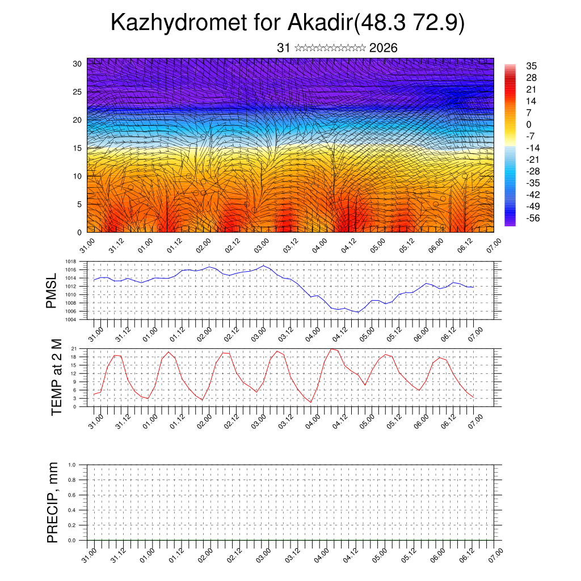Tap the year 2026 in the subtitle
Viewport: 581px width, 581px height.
tap(383, 48)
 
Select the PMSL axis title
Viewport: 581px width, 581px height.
tap(52, 290)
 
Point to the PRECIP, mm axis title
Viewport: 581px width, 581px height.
tap(53, 503)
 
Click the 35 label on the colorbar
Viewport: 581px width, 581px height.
tap(532, 66)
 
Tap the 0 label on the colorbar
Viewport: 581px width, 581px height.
tap(529, 124)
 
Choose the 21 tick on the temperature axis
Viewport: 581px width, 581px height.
tap(74, 348)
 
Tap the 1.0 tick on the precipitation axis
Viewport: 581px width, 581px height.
tap(72, 465)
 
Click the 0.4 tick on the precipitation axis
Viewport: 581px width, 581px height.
tap(72, 510)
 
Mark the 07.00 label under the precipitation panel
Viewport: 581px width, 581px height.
tap(495, 554)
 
